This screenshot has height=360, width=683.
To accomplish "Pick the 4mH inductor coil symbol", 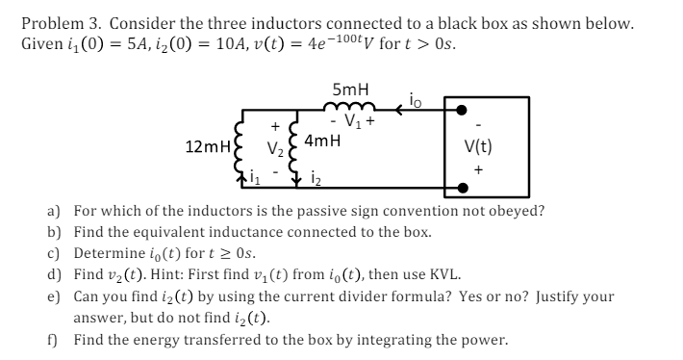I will pos(293,150).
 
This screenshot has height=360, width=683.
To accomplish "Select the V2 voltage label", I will pos(274,150).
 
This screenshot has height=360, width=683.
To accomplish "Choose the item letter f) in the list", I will pos(54,340).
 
